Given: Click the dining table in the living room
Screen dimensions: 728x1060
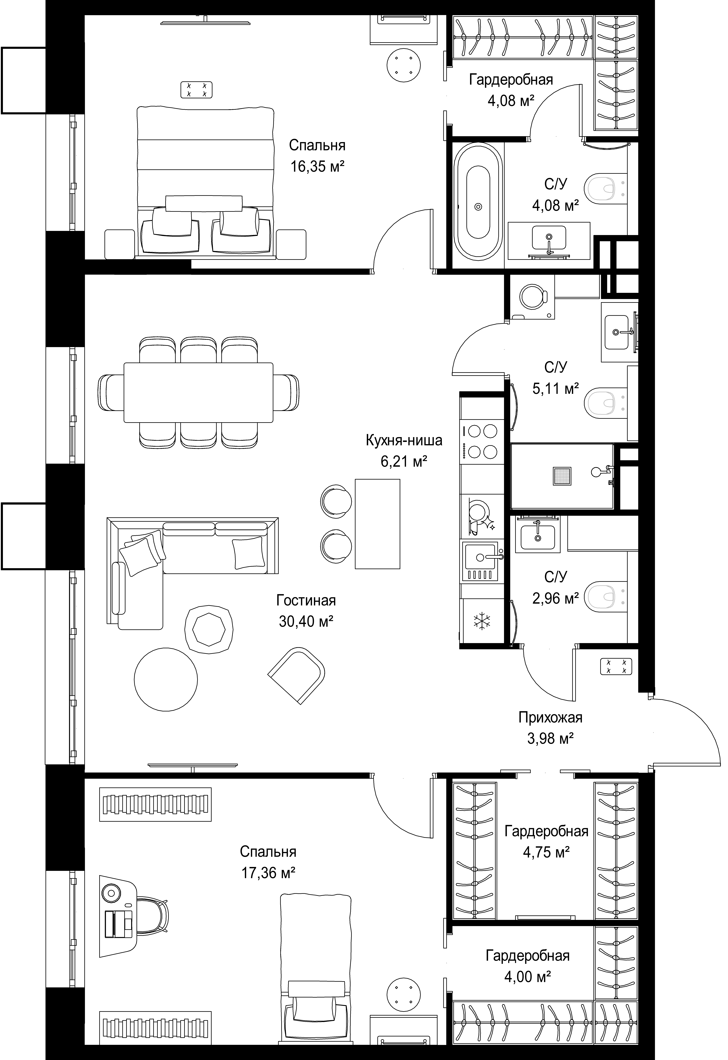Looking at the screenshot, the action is [x=198, y=392].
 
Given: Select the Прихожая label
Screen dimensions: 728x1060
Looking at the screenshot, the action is [x=551, y=718].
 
